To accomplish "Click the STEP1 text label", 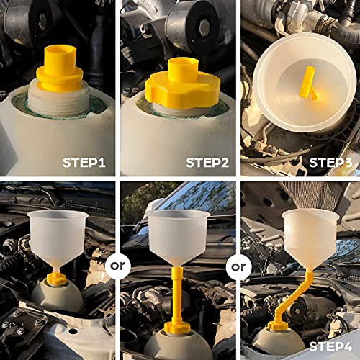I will (x=84, y=162).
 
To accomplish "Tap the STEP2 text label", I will (x=207, y=162).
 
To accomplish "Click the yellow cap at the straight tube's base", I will (x=177, y=328).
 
